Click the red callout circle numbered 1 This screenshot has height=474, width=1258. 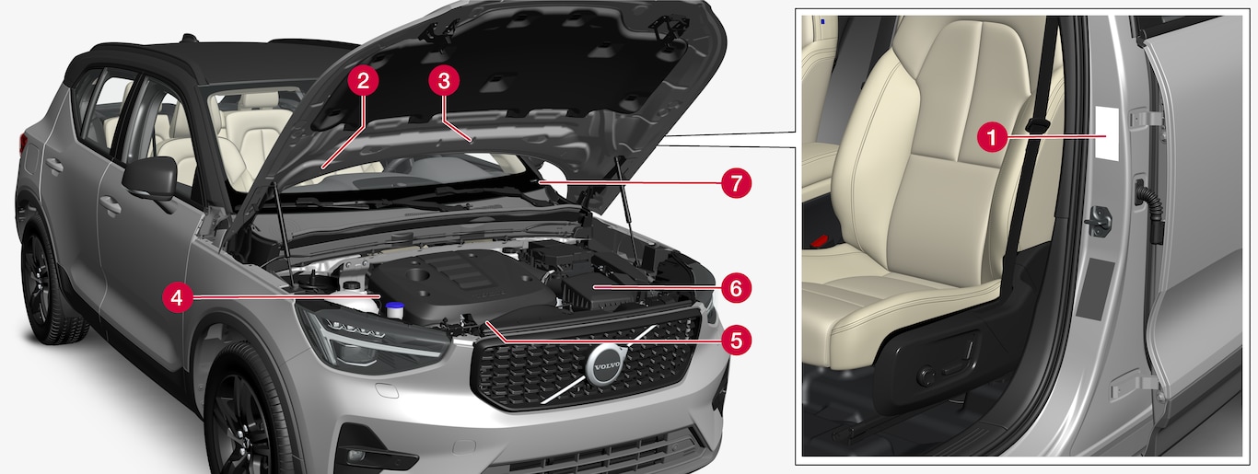pyautogui.click(x=992, y=137)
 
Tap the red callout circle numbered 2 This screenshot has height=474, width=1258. pyautogui.click(x=363, y=81)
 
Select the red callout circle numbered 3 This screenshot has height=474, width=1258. pyautogui.click(x=444, y=81)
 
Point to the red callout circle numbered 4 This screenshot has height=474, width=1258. pyautogui.click(x=178, y=298)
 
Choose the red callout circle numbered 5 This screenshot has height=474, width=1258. pyautogui.click(x=736, y=340)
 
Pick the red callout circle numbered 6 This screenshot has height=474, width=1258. pyautogui.click(x=736, y=288)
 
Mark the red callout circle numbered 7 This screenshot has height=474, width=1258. pyautogui.click(x=736, y=183)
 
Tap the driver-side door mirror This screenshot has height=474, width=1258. pyautogui.click(x=150, y=179)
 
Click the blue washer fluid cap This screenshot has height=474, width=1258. pyautogui.click(x=393, y=308)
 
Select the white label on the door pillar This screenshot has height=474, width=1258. pyautogui.click(x=1106, y=133)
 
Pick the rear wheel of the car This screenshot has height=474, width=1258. pyautogui.click(x=45, y=286)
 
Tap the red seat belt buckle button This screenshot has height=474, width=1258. pyautogui.click(x=821, y=240)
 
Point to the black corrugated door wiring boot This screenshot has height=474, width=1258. pyautogui.click(x=1147, y=211)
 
